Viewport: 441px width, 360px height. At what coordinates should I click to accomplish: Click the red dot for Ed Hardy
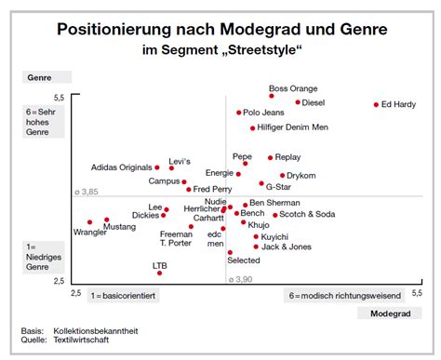click(376, 105)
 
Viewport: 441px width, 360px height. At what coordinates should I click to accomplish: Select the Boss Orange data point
click(272, 96)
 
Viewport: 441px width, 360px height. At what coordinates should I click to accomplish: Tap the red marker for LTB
click(160, 273)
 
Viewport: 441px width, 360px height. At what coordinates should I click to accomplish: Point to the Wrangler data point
click(90, 222)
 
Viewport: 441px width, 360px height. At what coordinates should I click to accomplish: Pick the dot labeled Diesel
click(298, 102)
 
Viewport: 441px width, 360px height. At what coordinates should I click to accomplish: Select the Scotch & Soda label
click(307, 215)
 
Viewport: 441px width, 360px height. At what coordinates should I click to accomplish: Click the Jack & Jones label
click(286, 247)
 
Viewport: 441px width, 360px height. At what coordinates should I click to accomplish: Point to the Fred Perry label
click(212, 190)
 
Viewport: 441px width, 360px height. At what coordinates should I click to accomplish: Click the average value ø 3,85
click(86, 192)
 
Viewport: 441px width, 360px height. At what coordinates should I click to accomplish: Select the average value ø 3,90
click(240, 278)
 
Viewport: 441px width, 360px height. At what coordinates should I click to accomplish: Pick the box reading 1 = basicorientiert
click(123, 296)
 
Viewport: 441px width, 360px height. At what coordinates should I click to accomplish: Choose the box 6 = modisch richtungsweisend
click(344, 296)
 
